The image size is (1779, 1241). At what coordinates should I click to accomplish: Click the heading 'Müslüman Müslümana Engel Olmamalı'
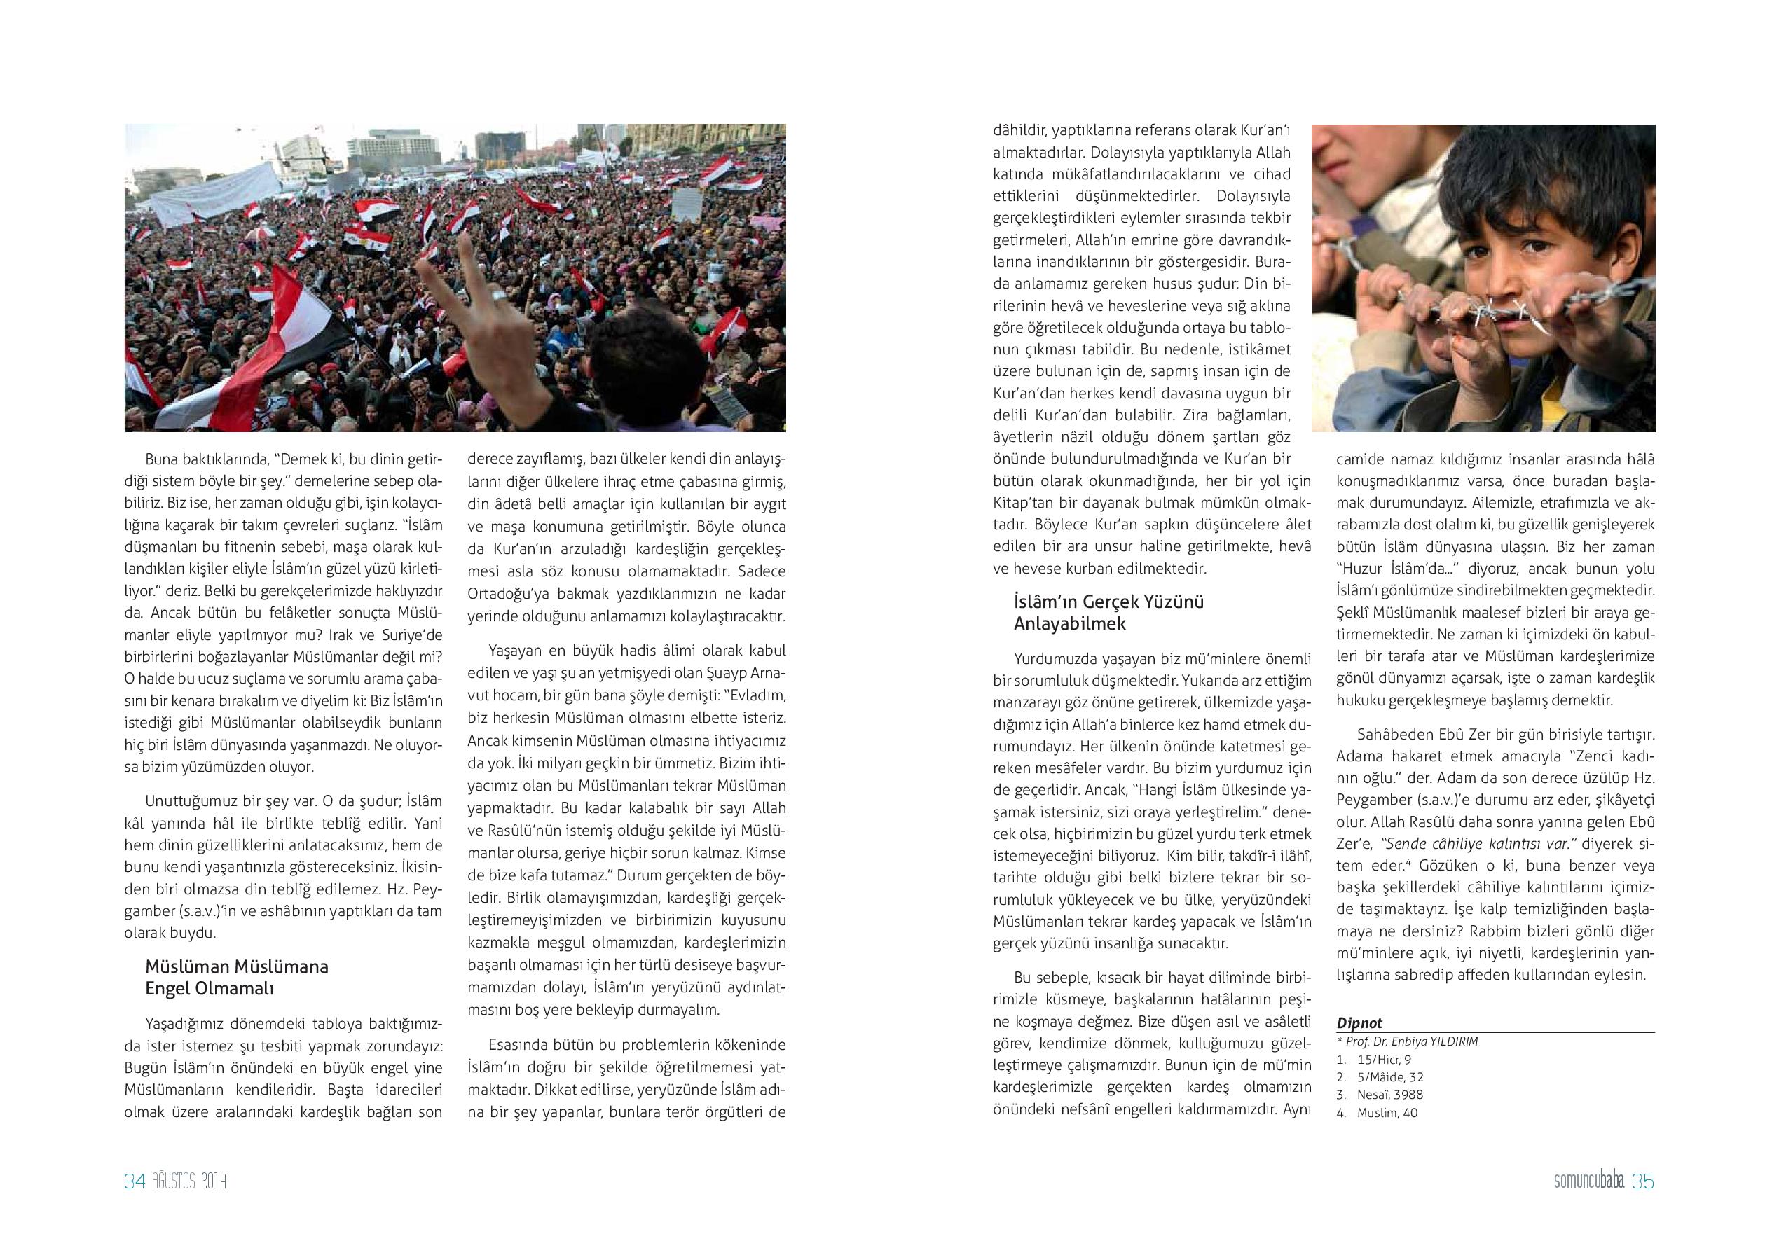click(236, 978)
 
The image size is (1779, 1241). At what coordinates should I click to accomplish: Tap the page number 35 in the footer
click(1642, 1181)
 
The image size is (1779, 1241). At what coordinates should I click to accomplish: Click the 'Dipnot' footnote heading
click(1359, 1023)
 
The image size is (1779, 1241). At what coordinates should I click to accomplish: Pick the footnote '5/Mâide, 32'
click(1390, 1077)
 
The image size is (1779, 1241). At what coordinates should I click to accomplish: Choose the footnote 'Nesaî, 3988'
click(1390, 1095)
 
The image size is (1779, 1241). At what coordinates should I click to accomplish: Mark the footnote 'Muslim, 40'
click(1387, 1112)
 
